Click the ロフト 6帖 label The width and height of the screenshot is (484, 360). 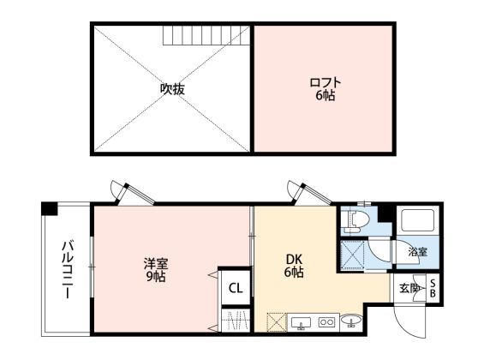(x=326, y=89)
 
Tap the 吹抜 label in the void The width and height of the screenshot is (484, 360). (x=172, y=89)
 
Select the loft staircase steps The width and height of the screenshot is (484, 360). (x=206, y=35)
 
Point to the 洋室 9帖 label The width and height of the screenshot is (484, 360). (x=156, y=270)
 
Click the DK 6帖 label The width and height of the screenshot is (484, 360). (x=294, y=266)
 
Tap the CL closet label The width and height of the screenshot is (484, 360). (x=236, y=288)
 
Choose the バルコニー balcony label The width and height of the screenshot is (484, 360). (x=68, y=270)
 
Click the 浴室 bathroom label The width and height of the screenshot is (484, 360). (x=418, y=252)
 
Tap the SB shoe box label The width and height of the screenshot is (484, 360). (x=433, y=288)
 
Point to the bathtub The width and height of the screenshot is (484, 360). (x=418, y=220)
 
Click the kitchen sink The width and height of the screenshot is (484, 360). (x=300, y=322)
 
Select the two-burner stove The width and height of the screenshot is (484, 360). (x=326, y=322)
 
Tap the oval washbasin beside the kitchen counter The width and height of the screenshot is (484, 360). (x=351, y=321)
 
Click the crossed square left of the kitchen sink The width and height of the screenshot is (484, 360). (x=276, y=322)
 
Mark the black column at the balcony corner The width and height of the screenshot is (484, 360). (x=50, y=208)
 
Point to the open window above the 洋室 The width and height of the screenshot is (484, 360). (x=133, y=194)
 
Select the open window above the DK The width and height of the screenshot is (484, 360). (x=309, y=193)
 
